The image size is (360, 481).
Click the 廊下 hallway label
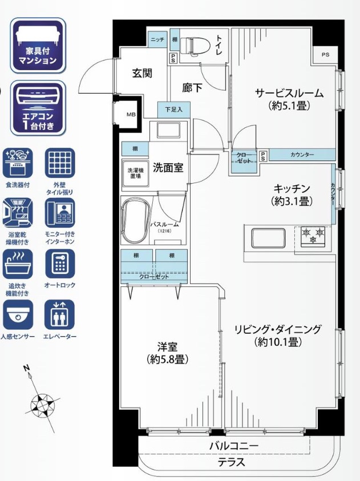192,88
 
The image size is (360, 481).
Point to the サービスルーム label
289,94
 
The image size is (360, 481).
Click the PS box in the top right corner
325,55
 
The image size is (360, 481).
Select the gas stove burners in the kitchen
313,235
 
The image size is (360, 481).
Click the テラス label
232,462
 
